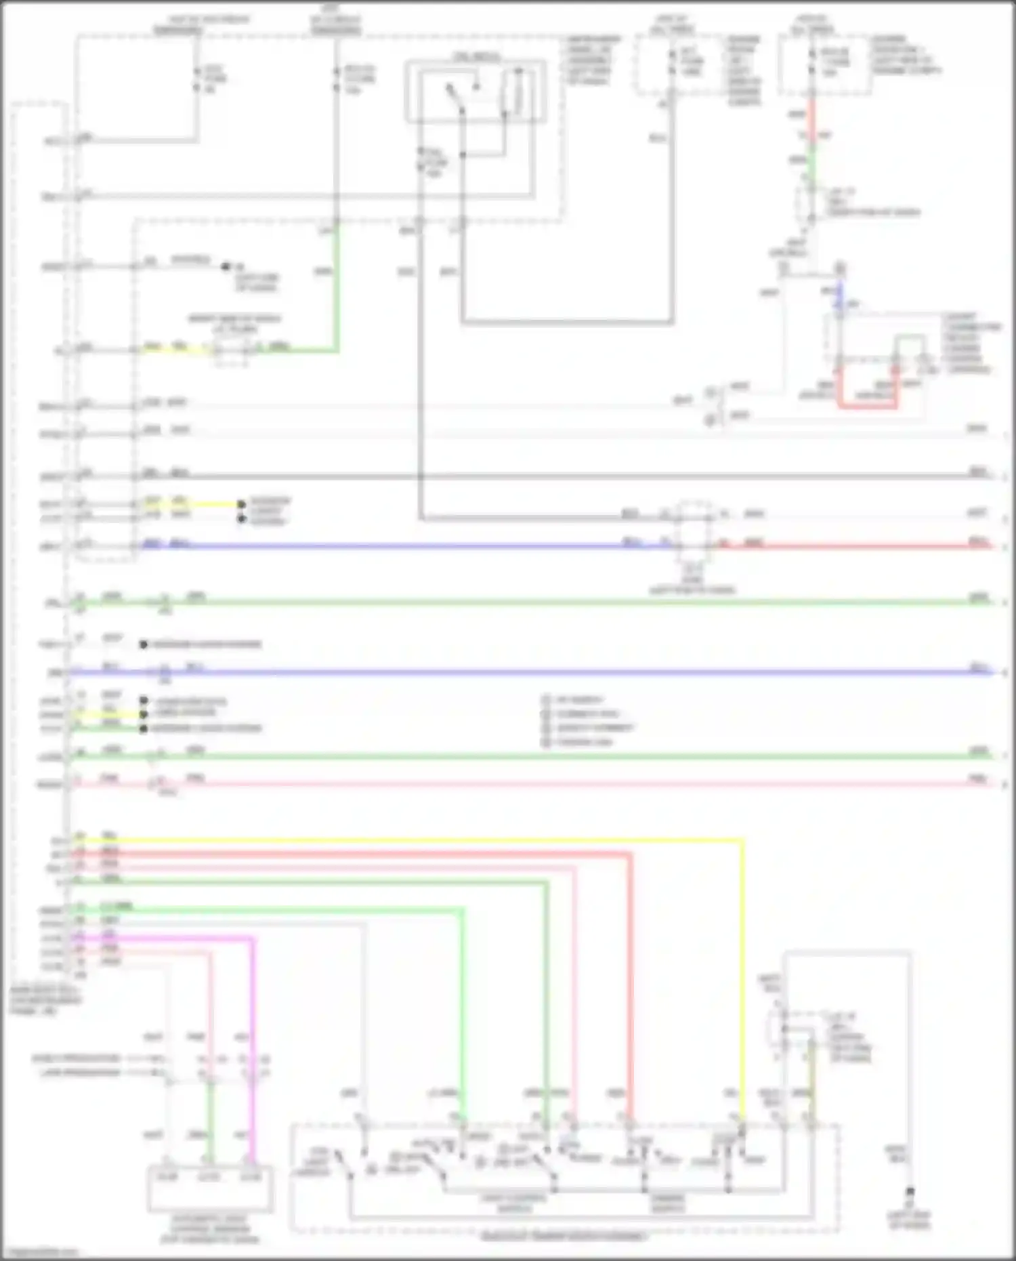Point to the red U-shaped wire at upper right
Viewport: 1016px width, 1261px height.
868,406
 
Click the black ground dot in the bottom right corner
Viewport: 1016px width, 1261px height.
910,1191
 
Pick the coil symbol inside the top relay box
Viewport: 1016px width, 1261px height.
517,91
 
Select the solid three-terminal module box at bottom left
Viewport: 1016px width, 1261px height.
210,1188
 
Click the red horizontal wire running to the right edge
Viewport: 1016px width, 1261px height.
847,545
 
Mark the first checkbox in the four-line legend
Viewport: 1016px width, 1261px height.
546,700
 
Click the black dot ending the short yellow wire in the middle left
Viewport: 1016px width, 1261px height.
241,504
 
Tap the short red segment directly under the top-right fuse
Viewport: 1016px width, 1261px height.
811,119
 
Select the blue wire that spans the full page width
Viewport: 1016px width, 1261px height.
542,672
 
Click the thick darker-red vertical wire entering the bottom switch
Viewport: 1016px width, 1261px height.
629,983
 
